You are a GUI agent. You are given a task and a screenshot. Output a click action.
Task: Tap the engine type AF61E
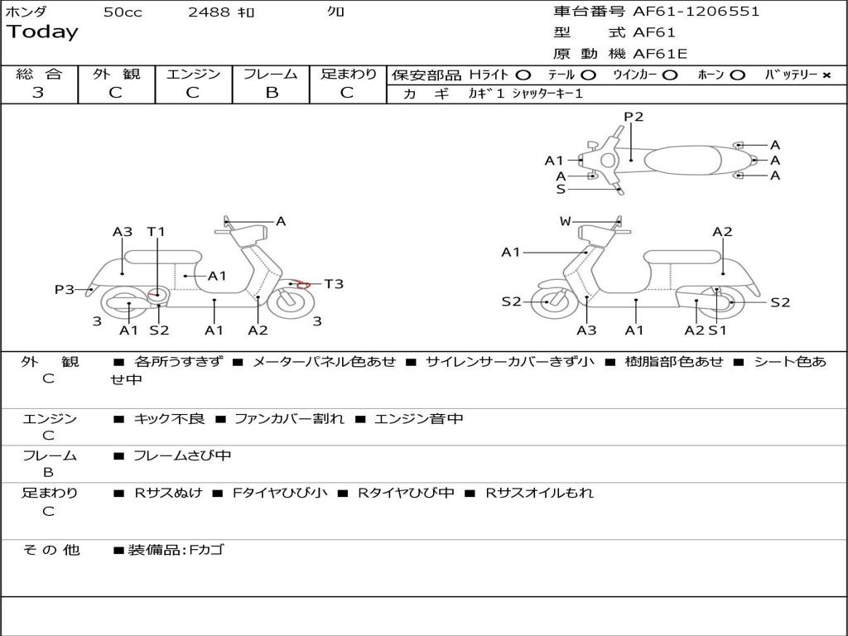[660, 54]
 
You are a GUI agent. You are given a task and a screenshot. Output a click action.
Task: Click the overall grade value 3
[38, 93]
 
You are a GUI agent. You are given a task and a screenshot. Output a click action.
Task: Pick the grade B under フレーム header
[271, 93]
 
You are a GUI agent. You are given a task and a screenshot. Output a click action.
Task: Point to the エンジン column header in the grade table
[193, 75]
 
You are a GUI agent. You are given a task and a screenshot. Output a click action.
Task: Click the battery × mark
[826, 75]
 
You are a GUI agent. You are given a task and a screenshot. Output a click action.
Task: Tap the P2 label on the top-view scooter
[634, 117]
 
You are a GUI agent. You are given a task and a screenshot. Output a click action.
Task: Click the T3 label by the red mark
[334, 284]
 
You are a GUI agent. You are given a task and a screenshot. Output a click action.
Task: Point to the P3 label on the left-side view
[65, 289]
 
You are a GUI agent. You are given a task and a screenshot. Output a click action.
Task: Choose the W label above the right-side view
[566, 221]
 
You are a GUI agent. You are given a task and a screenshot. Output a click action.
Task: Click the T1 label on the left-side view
[156, 232]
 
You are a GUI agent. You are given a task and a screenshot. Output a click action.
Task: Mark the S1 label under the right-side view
[717, 330]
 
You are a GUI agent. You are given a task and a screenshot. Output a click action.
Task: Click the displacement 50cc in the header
[123, 12]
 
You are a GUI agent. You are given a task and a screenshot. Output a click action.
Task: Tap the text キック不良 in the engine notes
[169, 419]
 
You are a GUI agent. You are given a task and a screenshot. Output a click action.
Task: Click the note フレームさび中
[182, 455]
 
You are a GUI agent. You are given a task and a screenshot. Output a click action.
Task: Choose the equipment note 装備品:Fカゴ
[176, 550]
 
